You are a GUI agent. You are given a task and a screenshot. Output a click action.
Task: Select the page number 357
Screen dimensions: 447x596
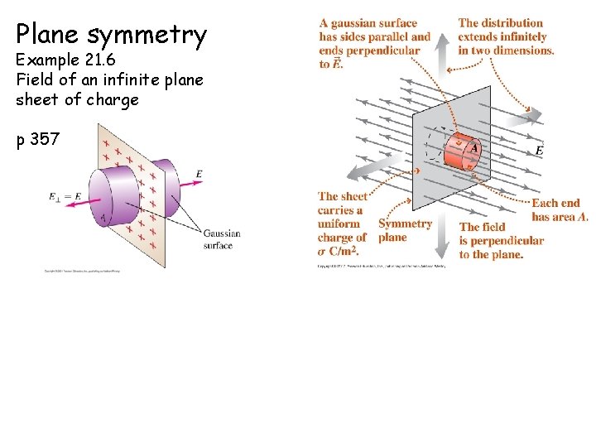click(45, 139)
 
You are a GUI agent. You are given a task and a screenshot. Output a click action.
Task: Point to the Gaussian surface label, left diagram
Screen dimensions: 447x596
click(222, 239)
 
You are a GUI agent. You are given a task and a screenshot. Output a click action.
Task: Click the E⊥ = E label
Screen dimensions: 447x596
click(65, 197)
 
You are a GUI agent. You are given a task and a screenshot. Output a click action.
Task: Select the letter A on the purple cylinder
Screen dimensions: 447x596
click(103, 219)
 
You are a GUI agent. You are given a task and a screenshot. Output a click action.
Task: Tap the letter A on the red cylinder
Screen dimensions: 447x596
click(474, 149)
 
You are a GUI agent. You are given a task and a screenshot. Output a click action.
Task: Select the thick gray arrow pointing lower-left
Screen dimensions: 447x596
click(365, 169)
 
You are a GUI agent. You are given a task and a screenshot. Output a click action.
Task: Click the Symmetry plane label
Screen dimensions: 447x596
click(405, 230)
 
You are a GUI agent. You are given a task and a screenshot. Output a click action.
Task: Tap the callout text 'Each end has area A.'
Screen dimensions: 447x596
click(560, 209)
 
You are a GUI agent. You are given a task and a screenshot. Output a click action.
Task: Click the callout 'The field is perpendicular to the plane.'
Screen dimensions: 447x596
click(501, 240)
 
